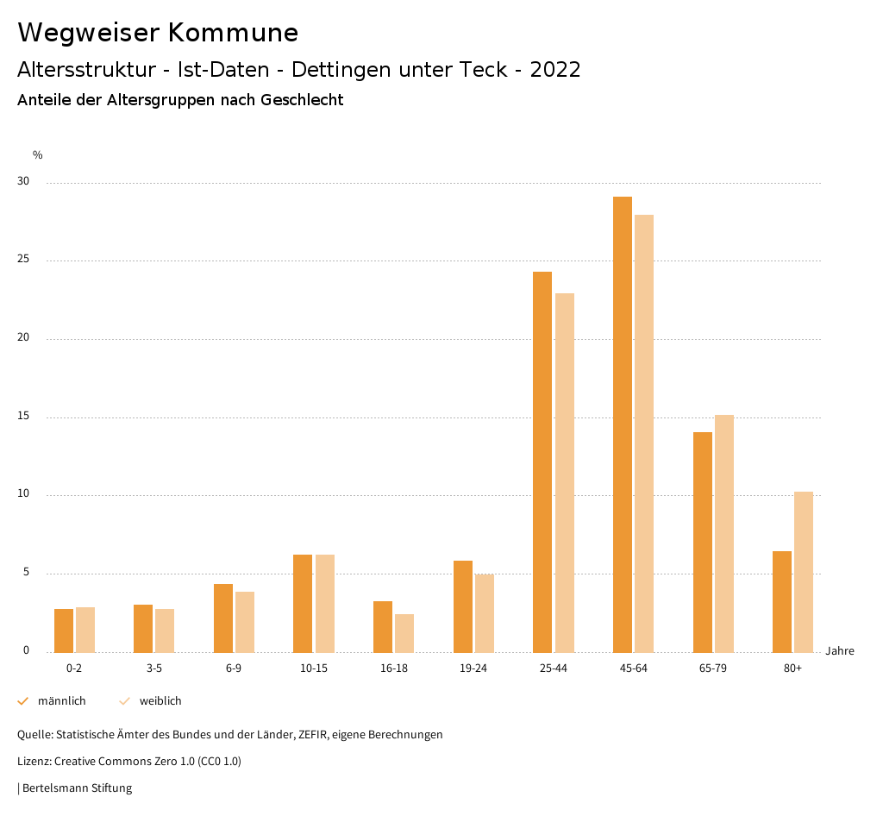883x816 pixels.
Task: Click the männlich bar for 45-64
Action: click(x=623, y=424)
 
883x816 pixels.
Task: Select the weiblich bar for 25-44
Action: click(x=565, y=473)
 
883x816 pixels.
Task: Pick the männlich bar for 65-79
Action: click(x=703, y=542)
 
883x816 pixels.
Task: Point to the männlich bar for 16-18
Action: click(x=383, y=626)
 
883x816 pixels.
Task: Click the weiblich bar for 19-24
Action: click(x=485, y=612)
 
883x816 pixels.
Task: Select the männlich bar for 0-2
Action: click(x=64, y=631)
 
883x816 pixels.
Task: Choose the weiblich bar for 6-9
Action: click(x=245, y=622)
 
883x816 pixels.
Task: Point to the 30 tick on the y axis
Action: click(x=22, y=182)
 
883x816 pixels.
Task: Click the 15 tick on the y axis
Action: click(x=22, y=417)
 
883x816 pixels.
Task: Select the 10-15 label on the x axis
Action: click(x=314, y=668)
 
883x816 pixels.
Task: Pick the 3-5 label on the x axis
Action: click(x=154, y=668)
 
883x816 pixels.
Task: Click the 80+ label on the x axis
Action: click(x=792, y=668)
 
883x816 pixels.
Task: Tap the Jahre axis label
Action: click(x=840, y=651)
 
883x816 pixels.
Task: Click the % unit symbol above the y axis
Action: click(x=38, y=155)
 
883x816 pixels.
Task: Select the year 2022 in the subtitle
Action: click(x=555, y=70)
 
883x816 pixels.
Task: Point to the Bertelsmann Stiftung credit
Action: click(x=77, y=788)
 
